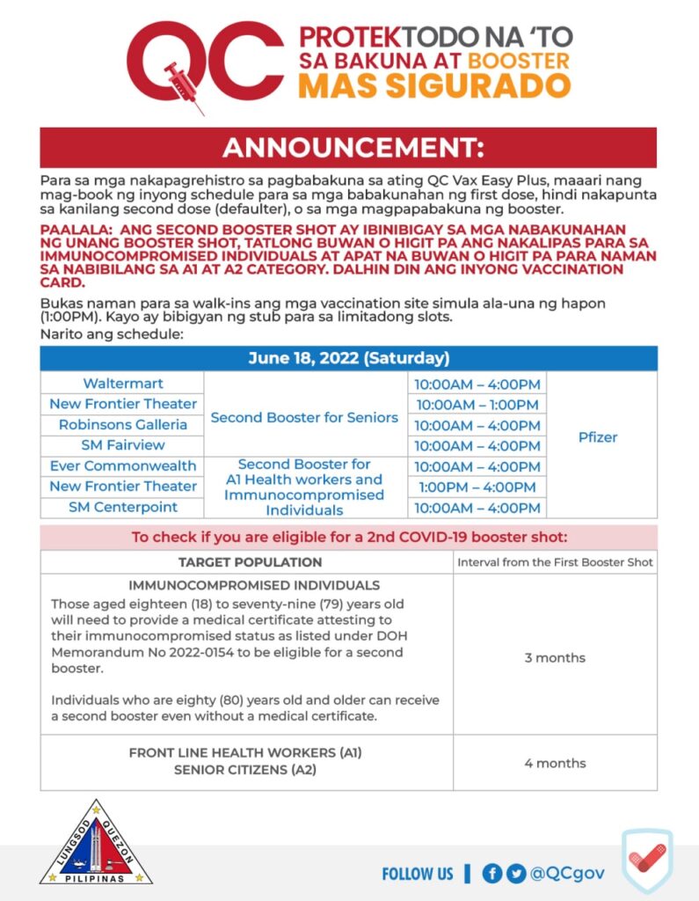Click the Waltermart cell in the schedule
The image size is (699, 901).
pyautogui.click(x=123, y=384)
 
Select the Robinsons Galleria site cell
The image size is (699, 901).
pyautogui.click(x=123, y=424)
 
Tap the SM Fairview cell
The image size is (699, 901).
pyautogui.click(x=123, y=445)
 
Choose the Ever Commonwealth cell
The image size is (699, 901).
pyautogui.click(x=123, y=465)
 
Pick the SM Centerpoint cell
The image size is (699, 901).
pyautogui.click(x=123, y=507)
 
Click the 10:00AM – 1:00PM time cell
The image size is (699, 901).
pyautogui.click(x=477, y=404)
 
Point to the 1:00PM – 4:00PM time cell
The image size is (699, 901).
pyautogui.click(x=477, y=487)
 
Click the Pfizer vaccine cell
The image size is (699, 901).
pyautogui.click(x=598, y=436)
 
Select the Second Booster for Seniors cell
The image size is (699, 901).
pyautogui.click(x=304, y=417)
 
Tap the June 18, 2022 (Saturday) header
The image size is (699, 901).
pyautogui.click(x=348, y=358)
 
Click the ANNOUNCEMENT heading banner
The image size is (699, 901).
pyautogui.click(x=348, y=147)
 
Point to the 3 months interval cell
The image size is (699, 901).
pyautogui.click(x=555, y=658)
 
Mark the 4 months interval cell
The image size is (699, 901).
pyautogui.click(x=555, y=763)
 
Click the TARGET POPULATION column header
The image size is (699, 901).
pyautogui.click(x=250, y=562)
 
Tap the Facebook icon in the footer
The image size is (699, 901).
pyautogui.click(x=492, y=874)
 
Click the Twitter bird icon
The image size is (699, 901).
pyautogui.click(x=516, y=874)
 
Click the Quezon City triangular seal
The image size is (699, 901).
pyautogui.click(x=96, y=845)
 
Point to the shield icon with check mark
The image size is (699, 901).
pyautogui.click(x=648, y=861)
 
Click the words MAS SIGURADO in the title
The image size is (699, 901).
pyautogui.click(x=434, y=86)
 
